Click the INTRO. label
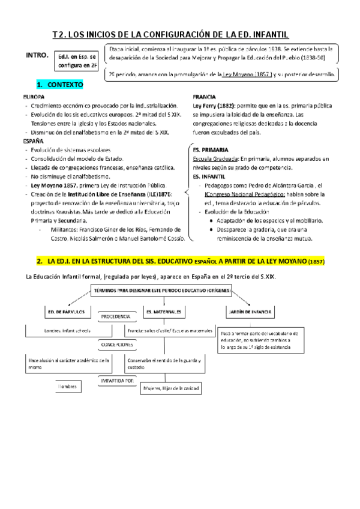tap(37, 55)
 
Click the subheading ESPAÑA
tap(32, 140)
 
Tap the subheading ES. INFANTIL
tap(208, 177)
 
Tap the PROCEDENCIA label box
tap(115, 316)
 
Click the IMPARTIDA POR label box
tap(116, 380)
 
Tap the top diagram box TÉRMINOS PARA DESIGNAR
tap(155, 289)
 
